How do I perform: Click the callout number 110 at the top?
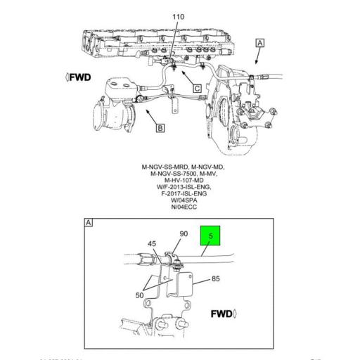178,16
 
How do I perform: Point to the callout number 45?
152,245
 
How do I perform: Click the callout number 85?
216,278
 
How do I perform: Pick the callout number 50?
140,295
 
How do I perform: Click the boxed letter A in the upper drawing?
261,44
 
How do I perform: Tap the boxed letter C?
198,89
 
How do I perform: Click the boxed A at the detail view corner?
89,223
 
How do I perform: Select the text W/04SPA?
180,199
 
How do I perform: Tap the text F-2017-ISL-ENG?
180,192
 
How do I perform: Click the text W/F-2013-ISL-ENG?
180,186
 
